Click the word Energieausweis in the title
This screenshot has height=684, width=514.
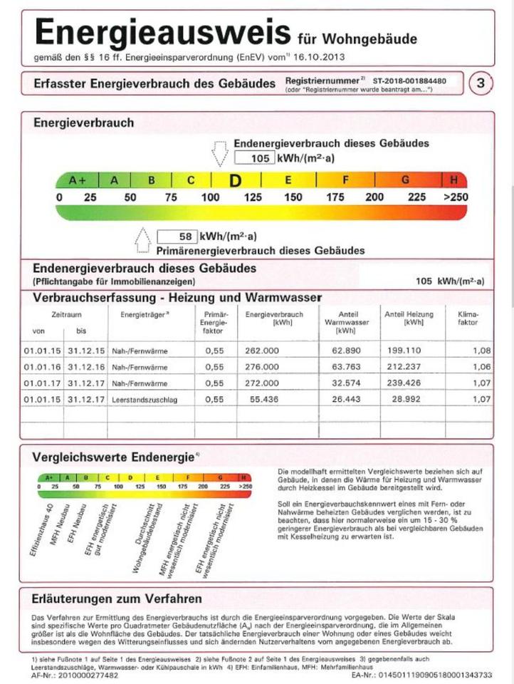point(162,33)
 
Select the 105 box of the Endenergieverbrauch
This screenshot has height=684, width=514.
point(253,158)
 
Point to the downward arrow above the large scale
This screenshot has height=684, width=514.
point(219,152)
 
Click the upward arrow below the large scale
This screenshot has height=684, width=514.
point(143,240)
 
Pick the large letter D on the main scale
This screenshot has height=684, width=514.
point(235,181)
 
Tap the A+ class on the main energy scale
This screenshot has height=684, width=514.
point(78,180)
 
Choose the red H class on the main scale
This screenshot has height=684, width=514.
point(454,180)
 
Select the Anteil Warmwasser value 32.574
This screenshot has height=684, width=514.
point(346,383)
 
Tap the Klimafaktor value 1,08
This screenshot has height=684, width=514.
point(481,351)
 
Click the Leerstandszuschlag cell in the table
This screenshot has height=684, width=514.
point(144,400)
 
